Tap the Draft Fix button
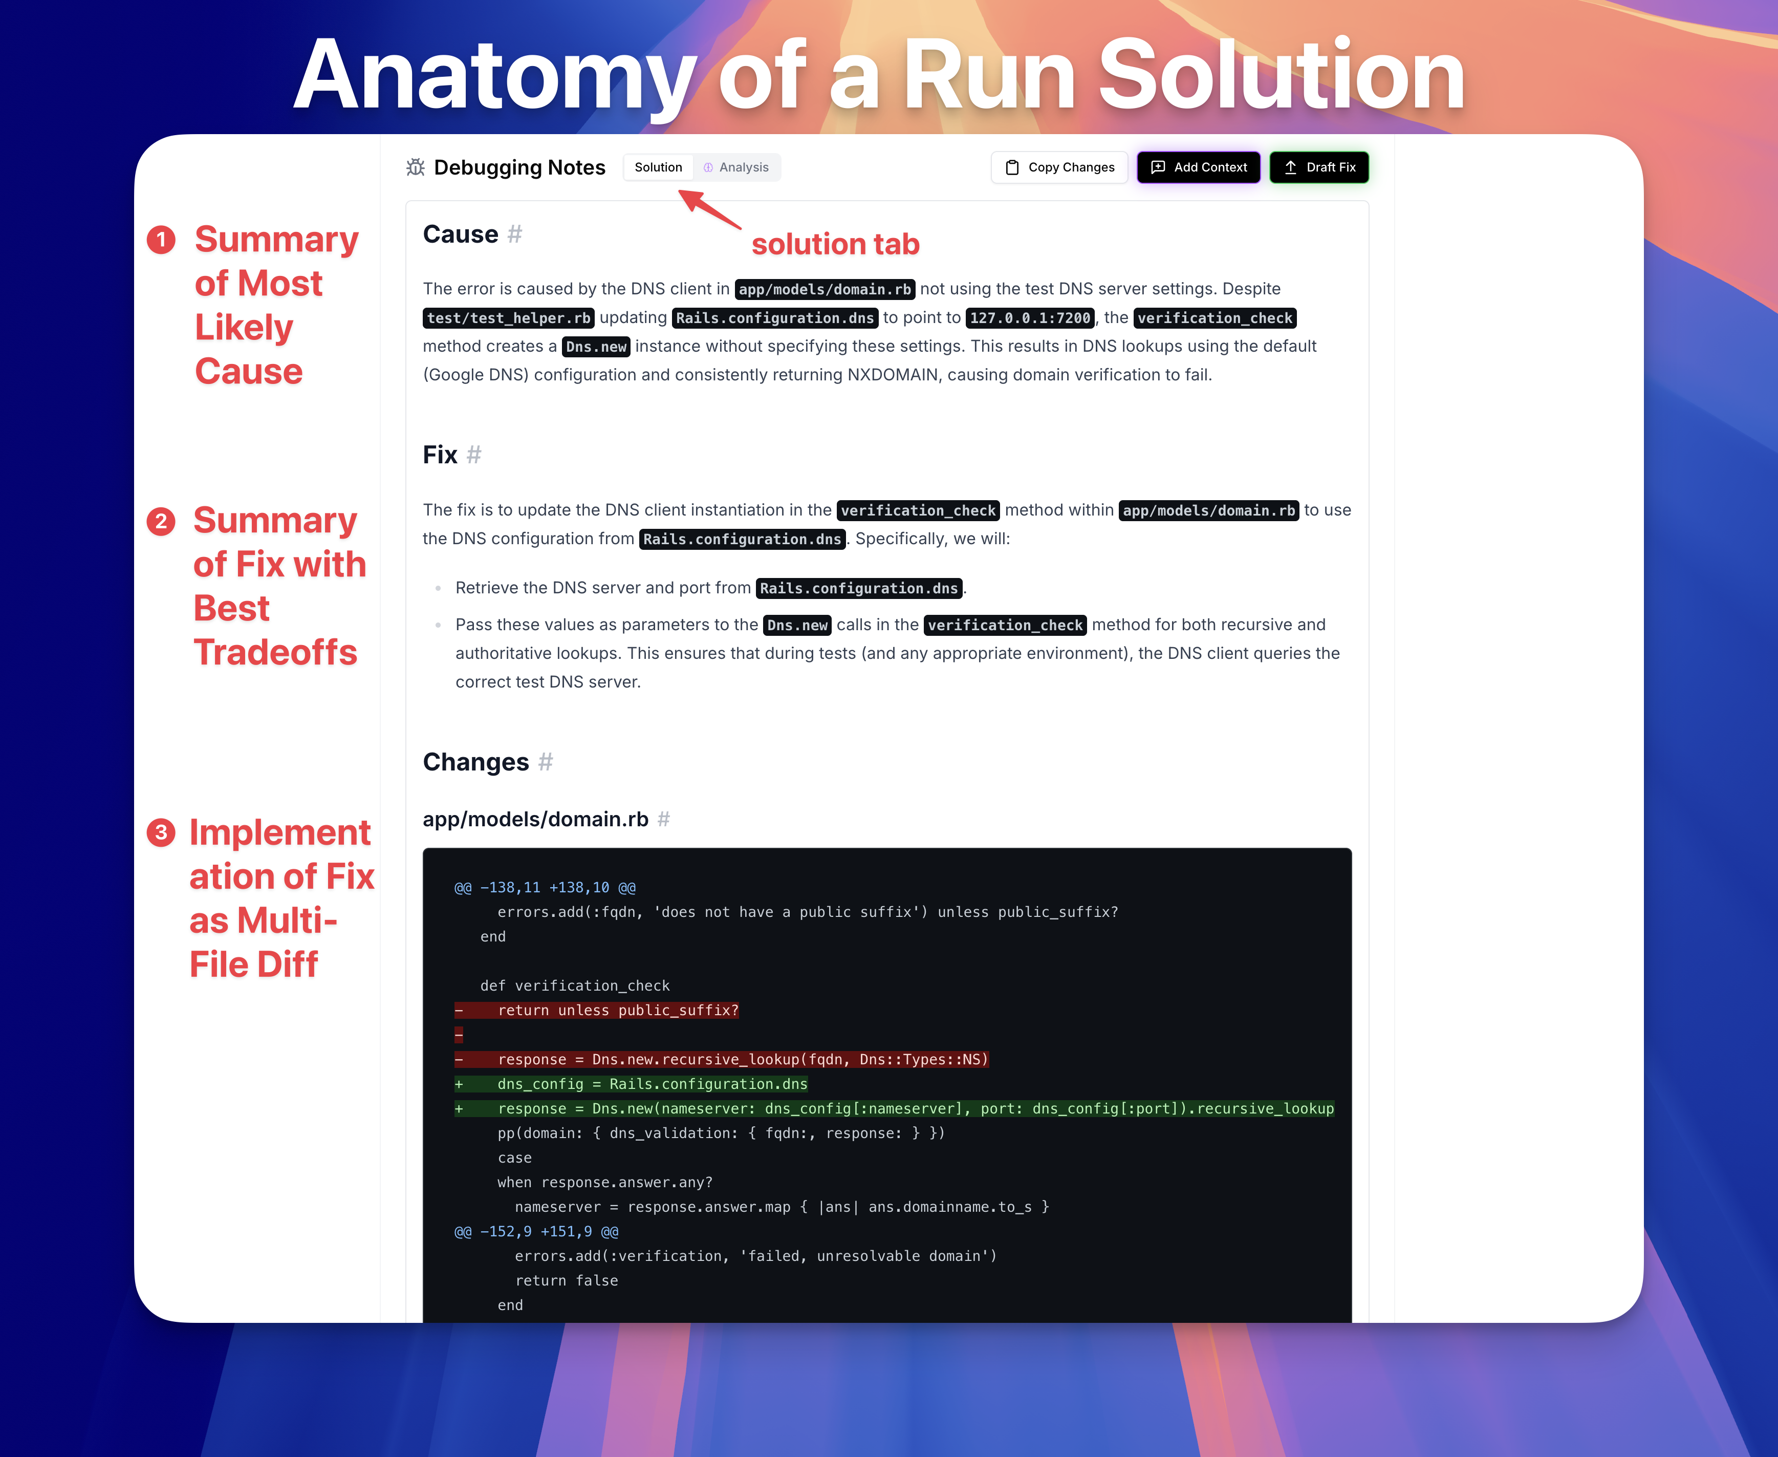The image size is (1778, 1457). [x=1319, y=167]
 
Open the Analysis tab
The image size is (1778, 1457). [x=736, y=167]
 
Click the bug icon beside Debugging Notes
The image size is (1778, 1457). [x=416, y=167]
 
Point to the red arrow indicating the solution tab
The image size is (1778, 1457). [x=710, y=209]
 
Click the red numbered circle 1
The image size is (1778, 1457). [x=161, y=240]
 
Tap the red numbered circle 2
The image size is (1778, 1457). [x=161, y=521]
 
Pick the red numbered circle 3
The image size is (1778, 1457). [x=161, y=832]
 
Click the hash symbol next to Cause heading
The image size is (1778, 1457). [x=515, y=234]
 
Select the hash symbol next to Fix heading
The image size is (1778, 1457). [x=474, y=455]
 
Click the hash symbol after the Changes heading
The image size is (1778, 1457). [x=546, y=762]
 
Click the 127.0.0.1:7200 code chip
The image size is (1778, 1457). [x=1030, y=318]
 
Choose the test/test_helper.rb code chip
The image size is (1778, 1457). [x=509, y=318]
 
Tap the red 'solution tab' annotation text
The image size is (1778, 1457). [x=836, y=244]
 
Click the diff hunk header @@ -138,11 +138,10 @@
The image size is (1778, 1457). [x=546, y=887]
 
